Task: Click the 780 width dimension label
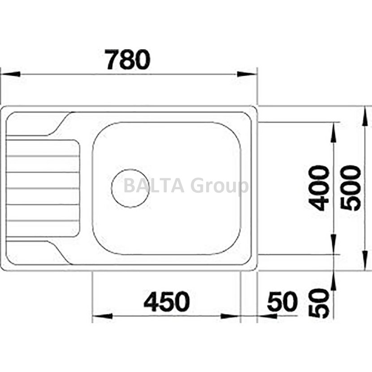pos(128,59)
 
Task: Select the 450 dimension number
pos(167,302)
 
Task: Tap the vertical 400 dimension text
pos(320,188)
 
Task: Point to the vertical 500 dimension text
pos(350,188)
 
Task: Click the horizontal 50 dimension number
pos(282,302)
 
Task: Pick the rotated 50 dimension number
pos(320,303)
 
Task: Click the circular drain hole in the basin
pos(130,188)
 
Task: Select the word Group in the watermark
pos(220,187)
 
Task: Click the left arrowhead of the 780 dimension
pos(10,74)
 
